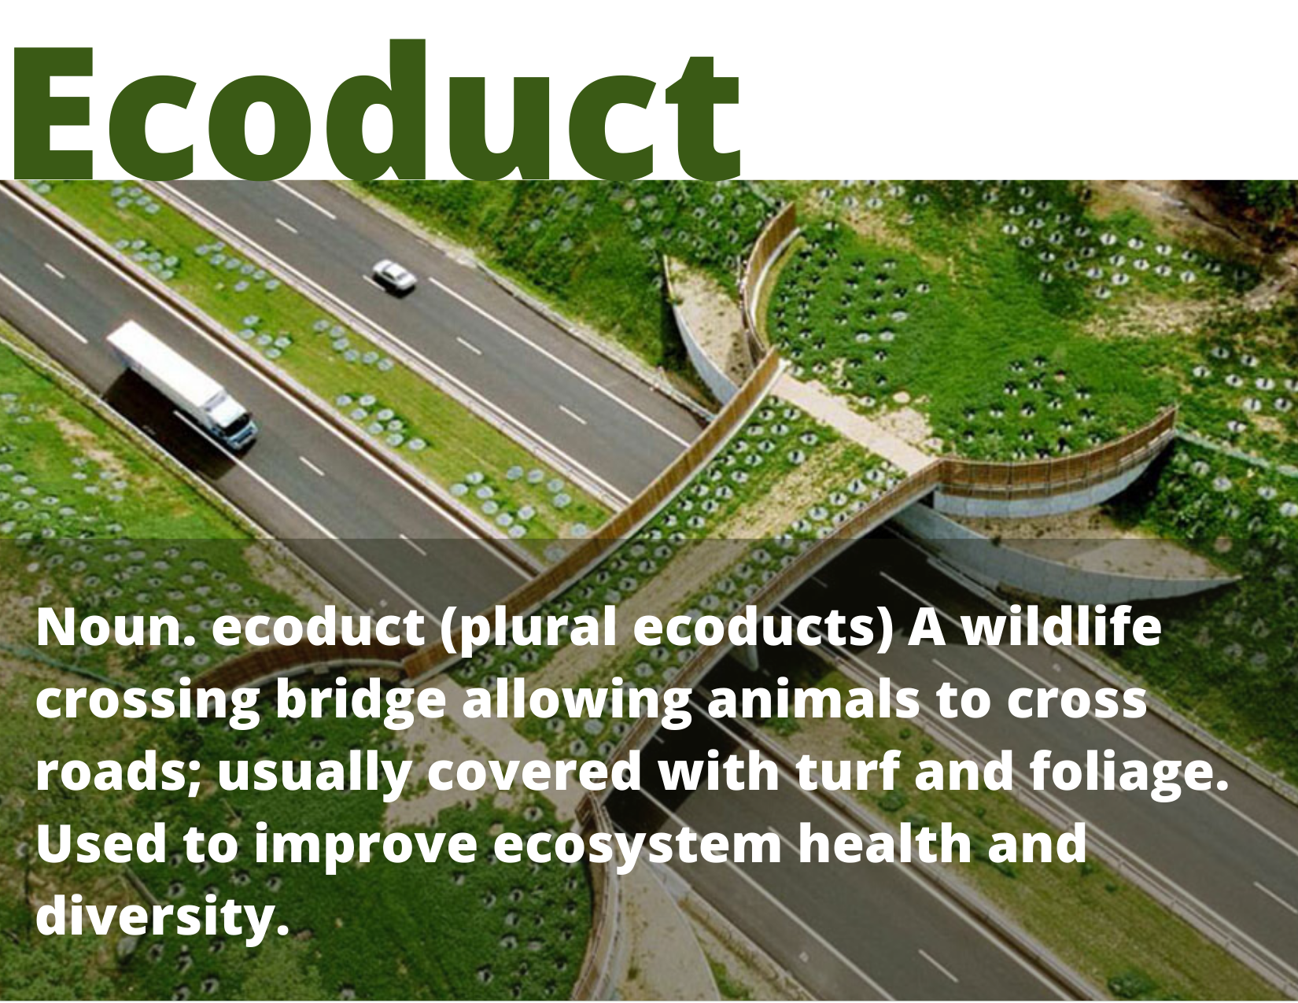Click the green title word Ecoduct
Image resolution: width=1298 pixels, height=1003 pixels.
click(x=376, y=110)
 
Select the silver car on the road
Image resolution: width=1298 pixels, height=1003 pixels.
click(x=394, y=277)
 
